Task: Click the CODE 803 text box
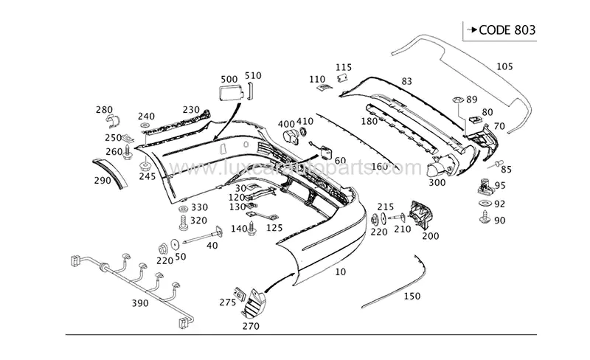[x=499, y=30]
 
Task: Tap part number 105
[x=504, y=66]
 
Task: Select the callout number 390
[x=140, y=303]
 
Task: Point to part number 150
[x=412, y=296]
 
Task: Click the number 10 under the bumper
[x=340, y=272]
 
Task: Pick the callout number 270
[x=251, y=325]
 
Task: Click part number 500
[x=229, y=79]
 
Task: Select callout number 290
[x=103, y=179]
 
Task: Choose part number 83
[x=406, y=80]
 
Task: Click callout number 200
[x=431, y=236]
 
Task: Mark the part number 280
[x=104, y=110]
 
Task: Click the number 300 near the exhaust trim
[x=437, y=182]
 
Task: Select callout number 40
[x=212, y=246]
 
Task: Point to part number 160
[x=379, y=166]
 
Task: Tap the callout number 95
[x=499, y=186]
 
